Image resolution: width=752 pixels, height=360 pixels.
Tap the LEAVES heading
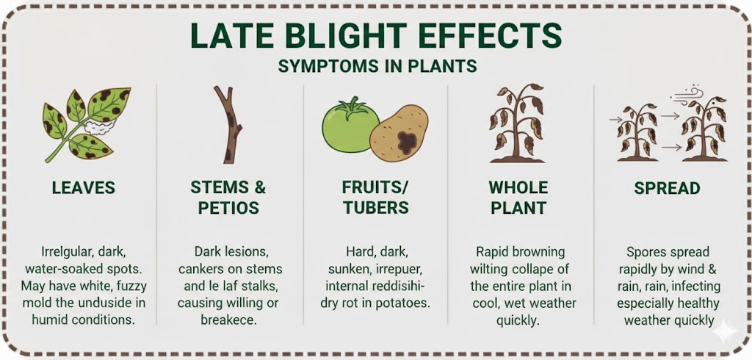84,187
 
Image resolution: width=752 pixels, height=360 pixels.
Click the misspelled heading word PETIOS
228,208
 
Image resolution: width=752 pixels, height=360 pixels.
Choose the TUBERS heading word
375,208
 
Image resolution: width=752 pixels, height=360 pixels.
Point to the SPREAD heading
667,188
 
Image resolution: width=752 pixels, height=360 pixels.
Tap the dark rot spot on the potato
408,143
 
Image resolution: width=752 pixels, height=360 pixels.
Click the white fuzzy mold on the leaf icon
101,127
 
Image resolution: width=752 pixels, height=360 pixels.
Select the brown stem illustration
230,125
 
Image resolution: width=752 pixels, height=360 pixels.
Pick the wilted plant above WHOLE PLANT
517,123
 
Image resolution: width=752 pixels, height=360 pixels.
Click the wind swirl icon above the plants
688,95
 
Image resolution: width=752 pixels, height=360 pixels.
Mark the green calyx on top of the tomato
353,107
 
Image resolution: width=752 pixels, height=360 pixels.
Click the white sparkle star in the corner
725,331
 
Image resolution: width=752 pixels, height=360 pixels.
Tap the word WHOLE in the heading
518,187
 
